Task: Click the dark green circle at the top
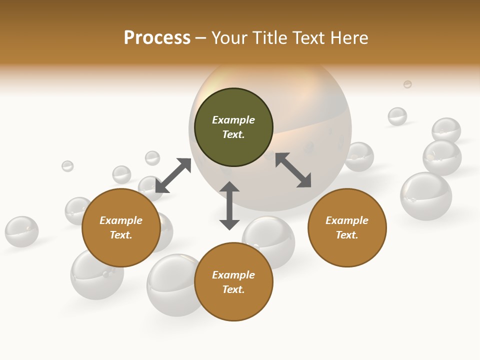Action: (233, 127)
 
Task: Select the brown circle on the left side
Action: (121, 227)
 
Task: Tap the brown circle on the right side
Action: (347, 227)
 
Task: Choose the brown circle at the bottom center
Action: (233, 282)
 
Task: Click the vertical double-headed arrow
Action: (229, 205)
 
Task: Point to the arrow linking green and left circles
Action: (173, 175)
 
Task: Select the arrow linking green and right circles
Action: (293, 170)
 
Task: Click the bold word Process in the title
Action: (157, 38)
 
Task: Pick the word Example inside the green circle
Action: (233, 120)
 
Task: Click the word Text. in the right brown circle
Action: (347, 235)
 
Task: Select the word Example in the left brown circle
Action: (121, 220)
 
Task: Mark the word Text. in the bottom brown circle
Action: (233, 289)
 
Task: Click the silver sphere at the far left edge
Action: (21, 231)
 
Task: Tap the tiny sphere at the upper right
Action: (407, 84)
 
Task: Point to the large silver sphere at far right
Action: (426, 196)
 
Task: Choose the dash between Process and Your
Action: (201, 38)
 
